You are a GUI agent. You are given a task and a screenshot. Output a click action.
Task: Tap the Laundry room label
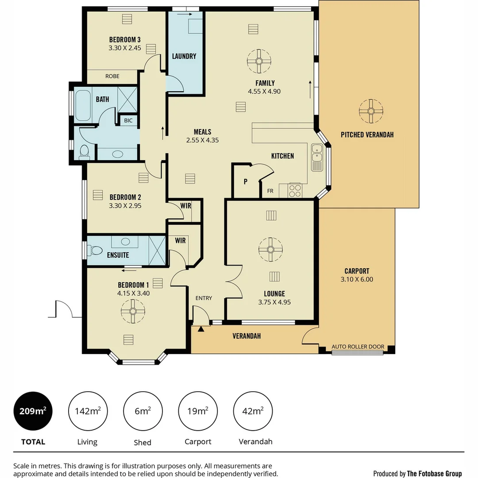(x=184, y=56)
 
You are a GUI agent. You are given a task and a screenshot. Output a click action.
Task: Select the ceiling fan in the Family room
(x=259, y=61)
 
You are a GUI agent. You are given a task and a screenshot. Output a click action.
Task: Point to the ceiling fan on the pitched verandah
(x=370, y=111)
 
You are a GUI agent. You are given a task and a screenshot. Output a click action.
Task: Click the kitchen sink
(x=317, y=157)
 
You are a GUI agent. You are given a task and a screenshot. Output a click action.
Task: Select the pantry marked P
(x=245, y=181)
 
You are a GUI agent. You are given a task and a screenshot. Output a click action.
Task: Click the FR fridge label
(x=270, y=191)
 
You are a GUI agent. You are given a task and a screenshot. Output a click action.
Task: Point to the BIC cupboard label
(x=128, y=120)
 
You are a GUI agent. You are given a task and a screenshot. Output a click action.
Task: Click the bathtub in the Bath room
(x=83, y=105)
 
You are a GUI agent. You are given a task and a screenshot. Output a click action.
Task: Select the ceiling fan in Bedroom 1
(x=133, y=311)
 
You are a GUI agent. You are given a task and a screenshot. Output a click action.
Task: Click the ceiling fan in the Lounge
(x=270, y=249)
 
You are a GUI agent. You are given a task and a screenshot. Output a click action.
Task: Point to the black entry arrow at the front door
(x=201, y=329)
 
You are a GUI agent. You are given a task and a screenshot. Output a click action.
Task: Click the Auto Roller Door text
(x=358, y=347)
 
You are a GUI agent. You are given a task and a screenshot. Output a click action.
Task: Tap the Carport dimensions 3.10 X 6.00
(x=357, y=279)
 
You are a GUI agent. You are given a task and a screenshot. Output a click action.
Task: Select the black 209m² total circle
(x=33, y=411)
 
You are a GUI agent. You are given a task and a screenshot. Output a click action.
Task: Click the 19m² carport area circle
(x=197, y=411)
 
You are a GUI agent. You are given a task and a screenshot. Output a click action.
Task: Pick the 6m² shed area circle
(x=143, y=411)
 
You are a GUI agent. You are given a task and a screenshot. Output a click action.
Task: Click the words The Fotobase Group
(x=434, y=474)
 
